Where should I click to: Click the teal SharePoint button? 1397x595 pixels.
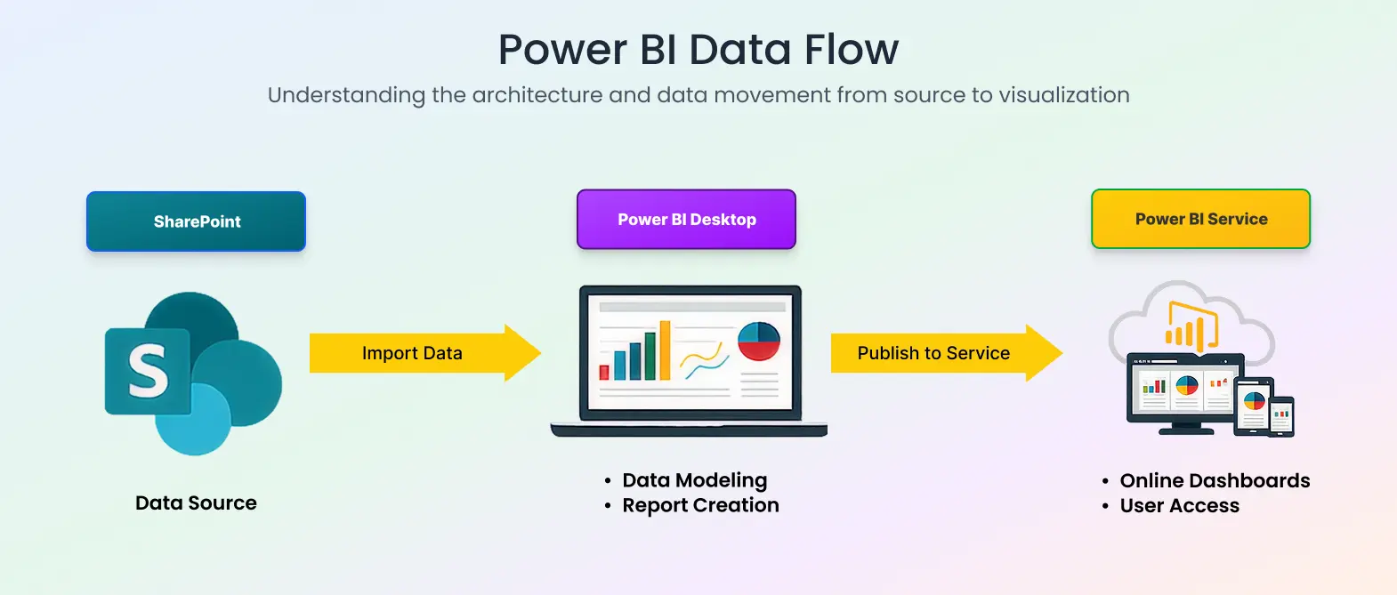click(196, 221)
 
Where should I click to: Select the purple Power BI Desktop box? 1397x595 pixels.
click(686, 219)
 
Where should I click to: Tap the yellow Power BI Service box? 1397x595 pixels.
click(1200, 219)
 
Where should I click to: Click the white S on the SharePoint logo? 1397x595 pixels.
click(148, 370)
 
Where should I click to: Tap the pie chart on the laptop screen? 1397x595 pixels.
click(758, 342)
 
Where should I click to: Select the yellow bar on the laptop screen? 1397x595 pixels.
click(664, 350)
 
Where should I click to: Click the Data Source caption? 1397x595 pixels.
click(196, 503)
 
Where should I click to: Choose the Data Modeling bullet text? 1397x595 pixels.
click(694, 480)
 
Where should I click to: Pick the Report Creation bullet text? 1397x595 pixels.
click(700, 505)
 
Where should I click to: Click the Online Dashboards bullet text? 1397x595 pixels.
click(1215, 480)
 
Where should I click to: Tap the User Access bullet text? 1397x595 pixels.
click(1179, 505)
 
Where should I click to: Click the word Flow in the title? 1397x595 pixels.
click(852, 50)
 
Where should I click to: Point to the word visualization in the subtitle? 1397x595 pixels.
click(1063, 95)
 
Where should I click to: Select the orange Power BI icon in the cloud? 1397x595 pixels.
click(1191, 327)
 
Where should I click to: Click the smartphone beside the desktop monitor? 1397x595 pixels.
click(1281, 416)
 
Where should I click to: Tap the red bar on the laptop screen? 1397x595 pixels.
click(604, 371)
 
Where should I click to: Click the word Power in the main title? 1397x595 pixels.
click(562, 50)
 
